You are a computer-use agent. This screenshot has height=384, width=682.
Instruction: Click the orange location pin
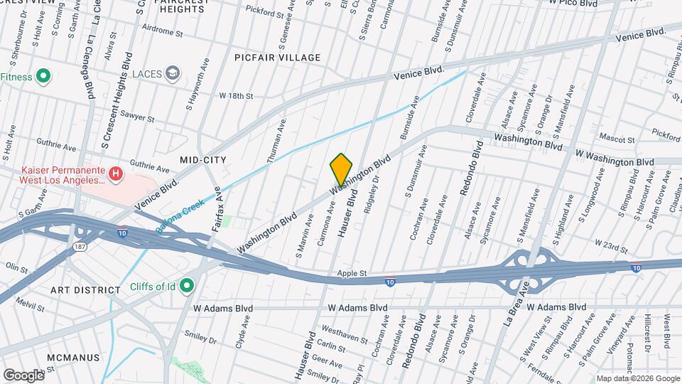coord(341,170)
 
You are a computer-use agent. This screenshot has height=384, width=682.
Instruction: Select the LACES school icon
coord(172,73)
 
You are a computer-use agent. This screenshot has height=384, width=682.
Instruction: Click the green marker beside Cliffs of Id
coord(187,286)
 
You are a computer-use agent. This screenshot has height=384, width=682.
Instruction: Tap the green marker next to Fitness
coord(43,75)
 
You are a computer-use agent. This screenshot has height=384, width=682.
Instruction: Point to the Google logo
coord(23,375)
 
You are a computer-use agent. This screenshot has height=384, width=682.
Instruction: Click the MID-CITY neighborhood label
coord(198,160)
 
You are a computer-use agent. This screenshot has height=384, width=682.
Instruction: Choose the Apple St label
coord(352,272)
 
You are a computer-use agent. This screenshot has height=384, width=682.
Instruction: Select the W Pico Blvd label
coord(573,3)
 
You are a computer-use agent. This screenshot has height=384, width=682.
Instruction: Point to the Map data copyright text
coord(638,378)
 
